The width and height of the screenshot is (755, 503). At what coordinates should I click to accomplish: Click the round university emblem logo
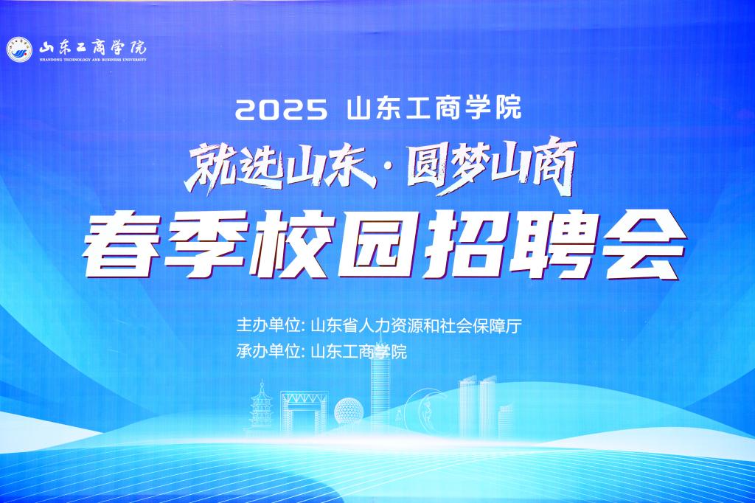(x=20, y=49)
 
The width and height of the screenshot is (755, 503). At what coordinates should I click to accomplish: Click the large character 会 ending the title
(x=641, y=246)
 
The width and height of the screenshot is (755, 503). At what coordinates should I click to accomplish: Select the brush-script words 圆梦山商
(x=491, y=165)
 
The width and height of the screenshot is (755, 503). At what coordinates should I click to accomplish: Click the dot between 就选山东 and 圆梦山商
(x=392, y=170)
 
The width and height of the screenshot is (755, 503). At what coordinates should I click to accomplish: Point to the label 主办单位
(x=267, y=326)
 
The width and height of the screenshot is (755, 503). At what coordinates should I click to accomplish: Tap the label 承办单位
(x=267, y=351)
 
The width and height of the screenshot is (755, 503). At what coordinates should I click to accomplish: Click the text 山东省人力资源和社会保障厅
(x=417, y=326)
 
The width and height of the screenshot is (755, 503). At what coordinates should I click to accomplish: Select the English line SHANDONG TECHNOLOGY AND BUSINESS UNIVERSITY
(x=93, y=60)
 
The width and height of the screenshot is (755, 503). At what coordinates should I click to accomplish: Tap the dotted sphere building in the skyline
(x=349, y=411)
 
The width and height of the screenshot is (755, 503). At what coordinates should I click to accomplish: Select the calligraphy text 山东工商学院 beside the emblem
(x=92, y=47)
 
